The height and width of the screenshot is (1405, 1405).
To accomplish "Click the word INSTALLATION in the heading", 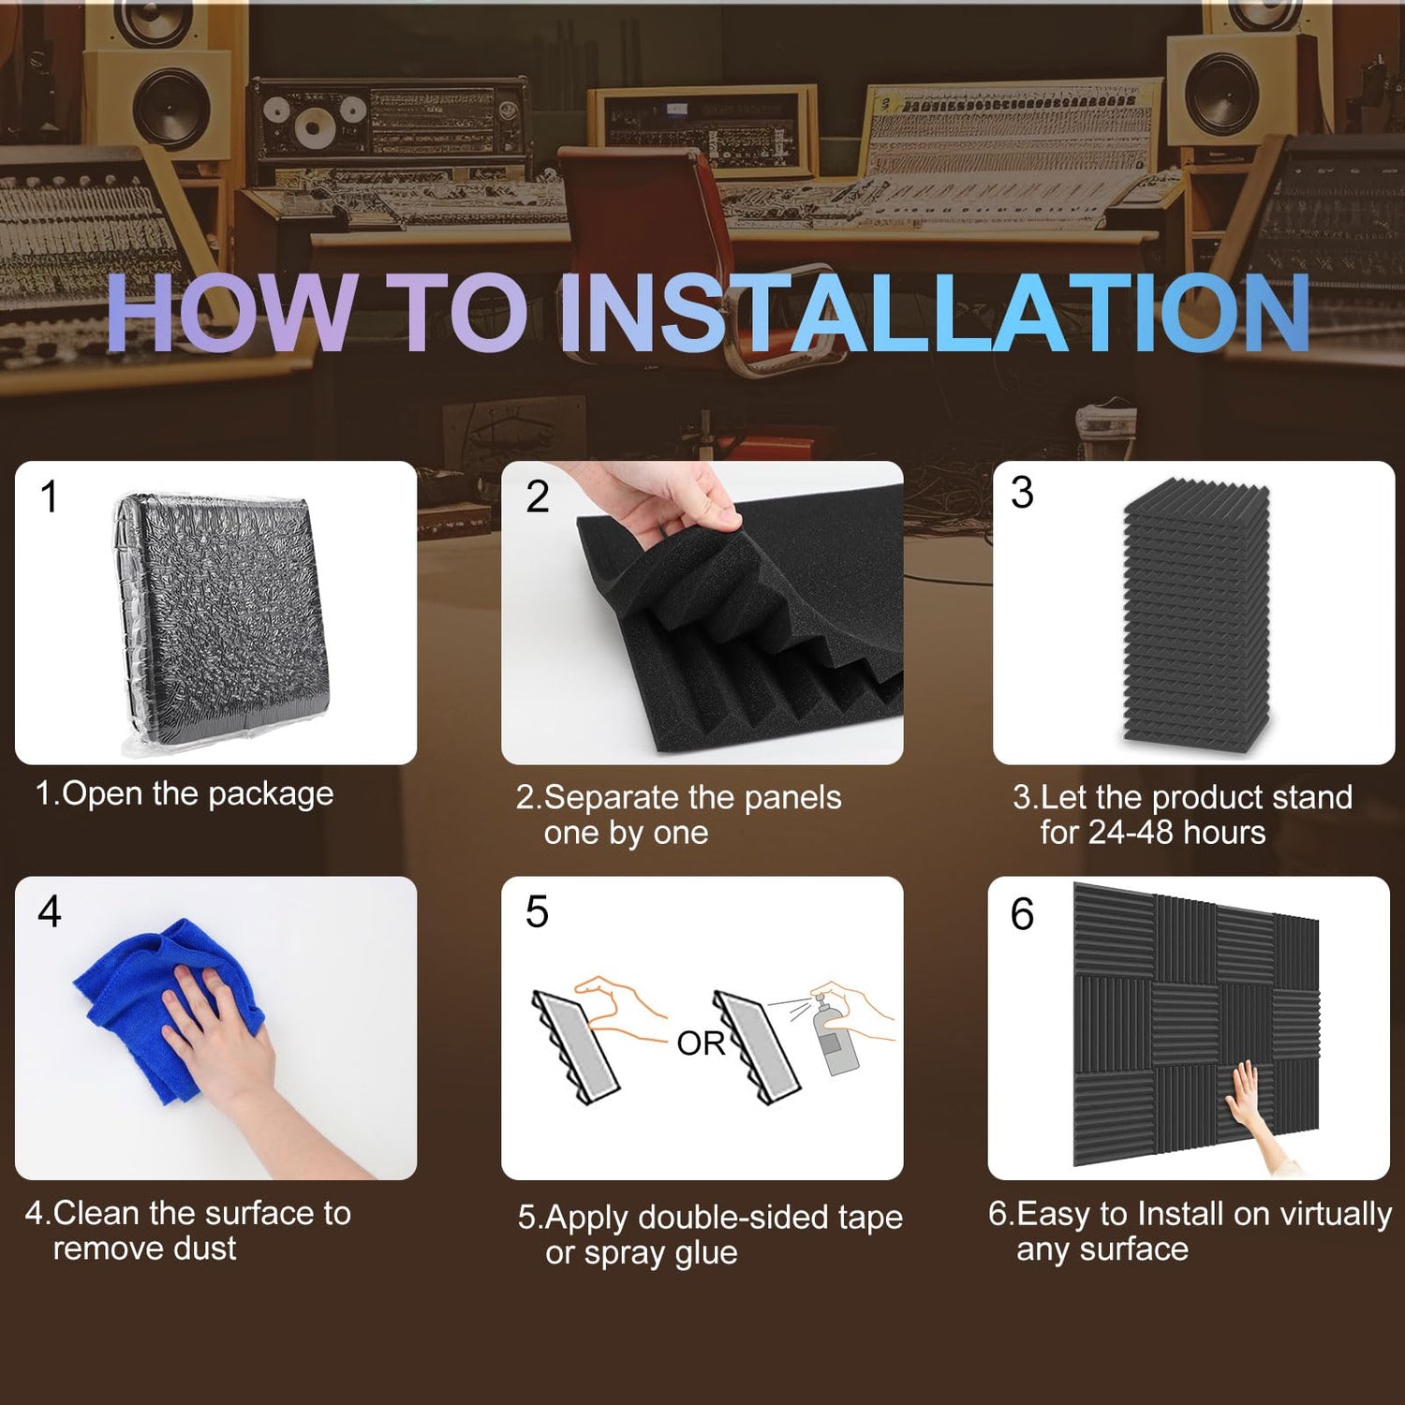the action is click(934, 313).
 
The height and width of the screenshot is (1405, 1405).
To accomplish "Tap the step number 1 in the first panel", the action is click(50, 496).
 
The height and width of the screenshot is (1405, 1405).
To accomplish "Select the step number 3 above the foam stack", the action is click(1023, 493).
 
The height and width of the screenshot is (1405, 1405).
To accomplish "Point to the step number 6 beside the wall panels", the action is click(1022, 914).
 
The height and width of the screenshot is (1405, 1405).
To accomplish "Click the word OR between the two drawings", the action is click(701, 1043).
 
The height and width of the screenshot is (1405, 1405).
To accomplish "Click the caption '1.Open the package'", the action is click(185, 794).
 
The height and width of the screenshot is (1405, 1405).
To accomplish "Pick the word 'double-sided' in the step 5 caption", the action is click(737, 1218).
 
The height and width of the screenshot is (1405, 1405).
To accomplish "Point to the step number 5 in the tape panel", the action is click(537, 912).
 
